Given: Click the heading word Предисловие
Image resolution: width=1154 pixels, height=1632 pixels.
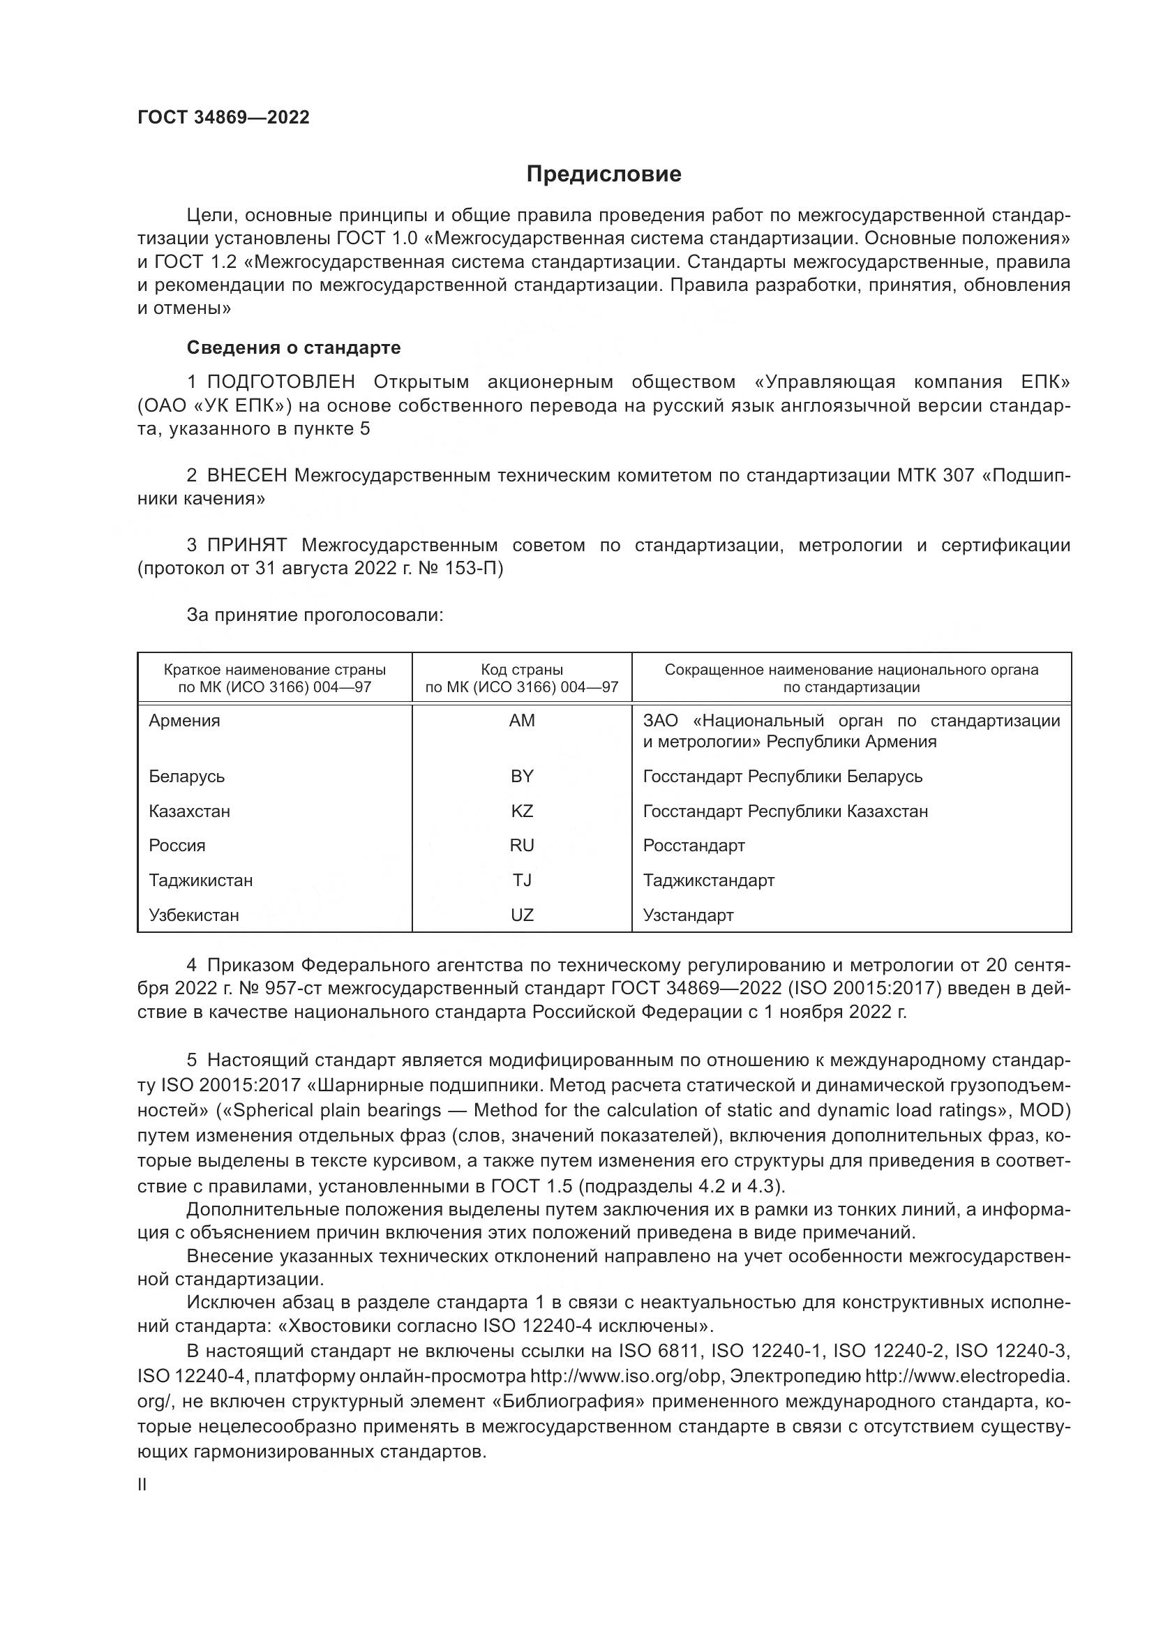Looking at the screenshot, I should (x=604, y=174).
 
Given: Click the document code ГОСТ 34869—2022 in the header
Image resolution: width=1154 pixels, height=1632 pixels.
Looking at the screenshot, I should (x=223, y=117).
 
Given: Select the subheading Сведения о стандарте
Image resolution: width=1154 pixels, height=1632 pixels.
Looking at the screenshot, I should (x=294, y=347).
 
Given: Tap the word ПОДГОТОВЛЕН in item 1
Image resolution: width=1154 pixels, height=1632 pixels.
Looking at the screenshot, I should (x=281, y=382).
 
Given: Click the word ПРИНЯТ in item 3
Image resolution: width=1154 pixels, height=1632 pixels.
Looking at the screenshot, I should (x=246, y=545).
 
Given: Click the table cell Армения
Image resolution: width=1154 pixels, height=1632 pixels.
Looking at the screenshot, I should (x=185, y=721).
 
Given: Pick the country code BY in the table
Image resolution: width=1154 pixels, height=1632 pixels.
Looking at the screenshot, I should (x=522, y=776).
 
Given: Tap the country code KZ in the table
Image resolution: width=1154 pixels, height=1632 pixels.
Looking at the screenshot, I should (x=522, y=811).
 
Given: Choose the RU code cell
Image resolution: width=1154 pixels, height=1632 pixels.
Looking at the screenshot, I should (x=522, y=846).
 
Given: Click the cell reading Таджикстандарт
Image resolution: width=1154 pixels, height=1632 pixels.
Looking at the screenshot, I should (x=708, y=881).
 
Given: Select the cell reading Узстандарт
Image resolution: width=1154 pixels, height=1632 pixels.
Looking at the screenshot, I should (x=688, y=915).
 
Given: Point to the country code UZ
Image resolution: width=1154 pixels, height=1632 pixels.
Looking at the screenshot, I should (x=522, y=915).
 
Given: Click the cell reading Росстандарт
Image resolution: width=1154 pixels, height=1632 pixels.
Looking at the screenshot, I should (x=694, y=846).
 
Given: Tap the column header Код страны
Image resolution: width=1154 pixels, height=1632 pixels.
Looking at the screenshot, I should (x=522, y=670).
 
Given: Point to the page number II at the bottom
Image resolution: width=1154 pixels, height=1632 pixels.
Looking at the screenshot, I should (x=142, y=1484).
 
